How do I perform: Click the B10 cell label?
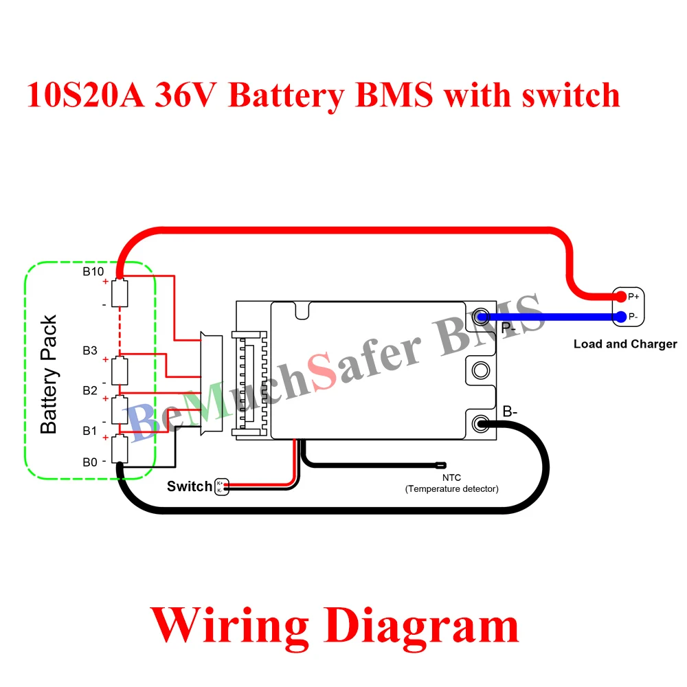pyautogui.click(x=93, y=271)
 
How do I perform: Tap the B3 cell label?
pyautogui.click(x=90, y=350)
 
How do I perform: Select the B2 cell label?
pyautogui.click(x=90, y=390)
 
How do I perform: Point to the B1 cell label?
pyautogui.click(x=90, y=431)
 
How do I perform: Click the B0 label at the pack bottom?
pyautogui.click(x=90, y=462)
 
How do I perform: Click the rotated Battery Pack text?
pyautogui.click(x=49, y=374)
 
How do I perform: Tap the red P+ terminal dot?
pyautogui.click(x=621, y=297)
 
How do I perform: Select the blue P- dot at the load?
pyautogui.click(x=621, y=317)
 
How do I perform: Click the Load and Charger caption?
pyautogui.click(x=625, y=344)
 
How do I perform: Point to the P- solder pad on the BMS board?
pyautogui.click(x=482, y=316)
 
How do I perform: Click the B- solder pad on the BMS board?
pyautogui.click(x=482, y=423)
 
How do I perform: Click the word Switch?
pyautogui.click(x=190, y=486)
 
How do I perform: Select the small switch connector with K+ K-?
pyautogui.click(x=221, y=486)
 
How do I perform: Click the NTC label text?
pyautogui.click(x=451, y=477)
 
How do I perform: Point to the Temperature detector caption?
pyautogui.click(x=451, y=489)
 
